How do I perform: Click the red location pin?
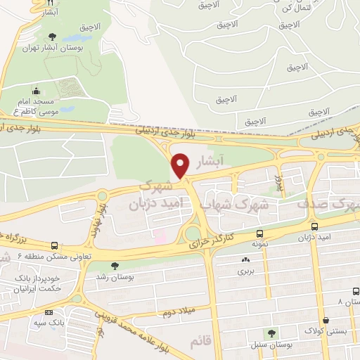(181, 165)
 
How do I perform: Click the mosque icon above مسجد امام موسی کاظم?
(37, 91)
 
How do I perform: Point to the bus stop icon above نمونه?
(260, 234)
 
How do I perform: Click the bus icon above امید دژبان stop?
(314, 227)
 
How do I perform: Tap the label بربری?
(244, 270)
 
